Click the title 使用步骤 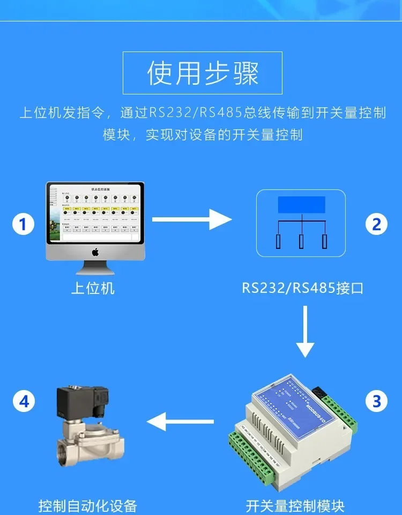click(203, 73)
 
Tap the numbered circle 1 click(23, 224)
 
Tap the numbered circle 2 click(376, 224)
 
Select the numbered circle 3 click(376, 401)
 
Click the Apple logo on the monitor click(95, 252)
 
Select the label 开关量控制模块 click(295, 505)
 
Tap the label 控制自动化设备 click(88, 505)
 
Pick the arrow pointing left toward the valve click(180, 421)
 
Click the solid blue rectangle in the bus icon click(301, 205)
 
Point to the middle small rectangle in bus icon click(301, 241)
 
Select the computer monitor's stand click(95, 267)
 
